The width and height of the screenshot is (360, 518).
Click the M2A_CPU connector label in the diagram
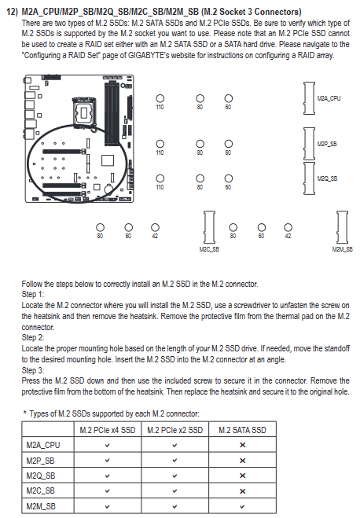pyautogui.click(x=329, y=98)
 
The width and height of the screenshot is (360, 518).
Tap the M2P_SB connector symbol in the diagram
pyautogui.click(x=309, y=144)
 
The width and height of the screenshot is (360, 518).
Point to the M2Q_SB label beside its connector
pyautogui.click(x=327, y=178)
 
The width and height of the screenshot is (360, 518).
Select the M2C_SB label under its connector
pyautogui.click(x=209, y=249)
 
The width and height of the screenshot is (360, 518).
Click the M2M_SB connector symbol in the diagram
pyautogui.click(x=342, y=227)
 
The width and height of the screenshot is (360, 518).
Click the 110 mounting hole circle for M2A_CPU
pyautogui.click(x=160, y=98)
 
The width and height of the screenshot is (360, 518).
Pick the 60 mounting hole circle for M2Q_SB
pyautogui.click(x=228, y=178)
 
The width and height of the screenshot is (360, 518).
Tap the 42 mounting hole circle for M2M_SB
pyautogui.click(x=288, y=227)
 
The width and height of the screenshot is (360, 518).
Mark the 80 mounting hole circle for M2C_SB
pyautogui.click(x=100, y=227)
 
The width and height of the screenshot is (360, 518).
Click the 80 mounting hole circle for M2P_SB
pyautogui.click(x=200, y=144)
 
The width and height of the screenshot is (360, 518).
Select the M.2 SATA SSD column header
pyautogui.click(x=242, y=430)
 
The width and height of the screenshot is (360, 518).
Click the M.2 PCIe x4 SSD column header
pyautogui.click(x=108, y=430)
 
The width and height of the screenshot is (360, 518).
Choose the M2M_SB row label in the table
pyautogui.click(x=41, y=506)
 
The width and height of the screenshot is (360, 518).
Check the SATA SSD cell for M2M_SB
pyautogui.click(x=242, y=506)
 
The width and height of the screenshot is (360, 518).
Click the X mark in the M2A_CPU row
pyautogui.click(x=242, y=445)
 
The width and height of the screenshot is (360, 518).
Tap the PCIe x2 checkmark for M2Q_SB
pyautogui.click(x=174, y=476)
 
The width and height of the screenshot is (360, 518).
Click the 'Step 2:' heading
pyautogui.click(x=33, y=338)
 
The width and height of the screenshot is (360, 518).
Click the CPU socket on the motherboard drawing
pyautogui.click(x=85, y=112)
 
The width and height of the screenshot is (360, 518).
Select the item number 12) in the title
pyautogui.click(x=13, y=12)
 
